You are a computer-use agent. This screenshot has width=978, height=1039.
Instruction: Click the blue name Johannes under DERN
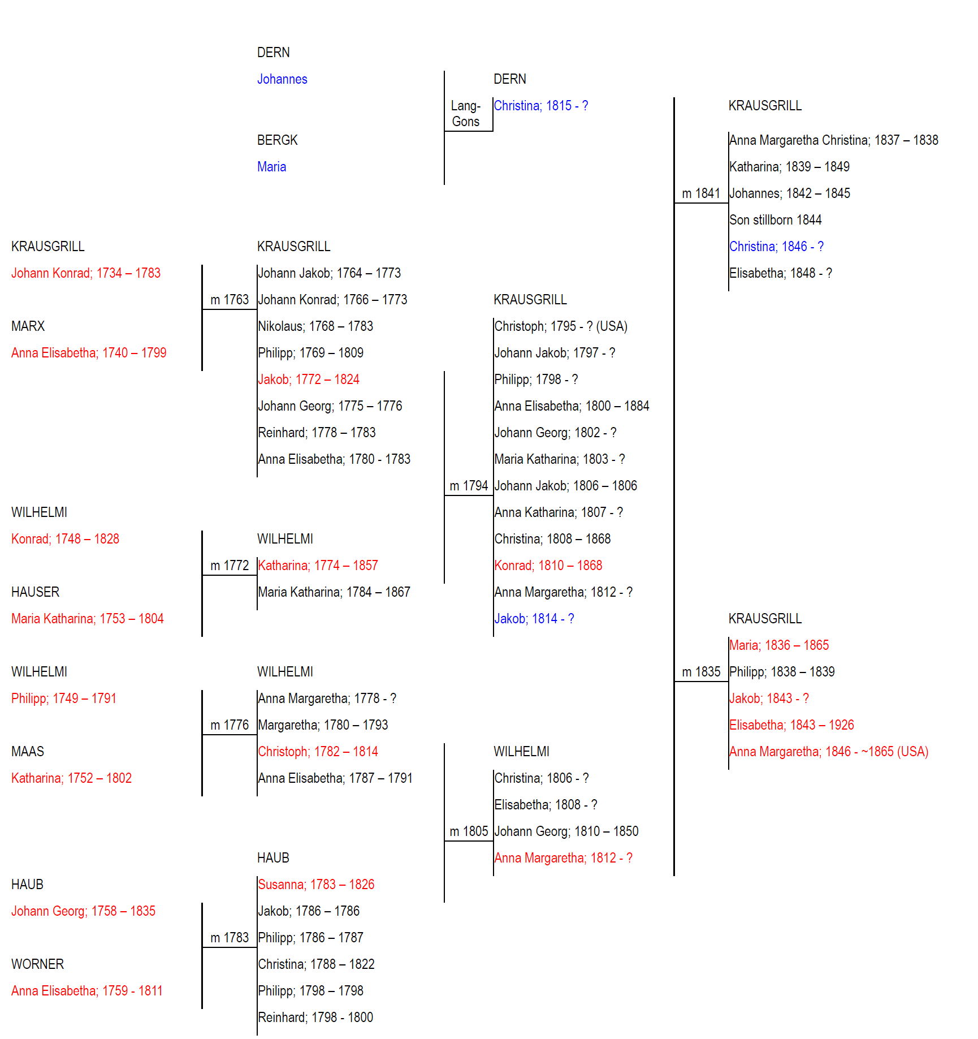tap(282, 79)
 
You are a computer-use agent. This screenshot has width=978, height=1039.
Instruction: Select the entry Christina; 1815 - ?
tap(541, 106)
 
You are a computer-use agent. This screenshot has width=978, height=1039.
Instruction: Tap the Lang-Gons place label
tap(466, 114)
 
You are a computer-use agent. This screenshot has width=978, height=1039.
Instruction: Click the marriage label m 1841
tap(701, 193)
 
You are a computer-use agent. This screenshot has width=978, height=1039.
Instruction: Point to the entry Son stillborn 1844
tap(776, 220)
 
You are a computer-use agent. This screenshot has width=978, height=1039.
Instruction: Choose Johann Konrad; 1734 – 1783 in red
tap(86, 273)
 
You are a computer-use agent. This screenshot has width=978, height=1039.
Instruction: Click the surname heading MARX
tap(28, 326)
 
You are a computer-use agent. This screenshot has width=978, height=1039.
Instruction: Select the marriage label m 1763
tap(230, 300)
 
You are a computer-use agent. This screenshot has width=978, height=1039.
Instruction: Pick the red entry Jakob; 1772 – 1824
tap(309, 380)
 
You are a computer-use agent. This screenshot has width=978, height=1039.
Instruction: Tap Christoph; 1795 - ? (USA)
tap(561, 326)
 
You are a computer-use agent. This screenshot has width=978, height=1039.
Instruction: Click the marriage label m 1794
tap(469, 486)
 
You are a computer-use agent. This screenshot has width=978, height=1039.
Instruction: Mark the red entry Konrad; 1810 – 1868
tap(548, 566)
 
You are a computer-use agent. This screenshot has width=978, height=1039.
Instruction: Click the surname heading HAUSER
tap(35, 592)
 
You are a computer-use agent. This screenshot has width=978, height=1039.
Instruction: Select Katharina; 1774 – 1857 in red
tap(318, 566)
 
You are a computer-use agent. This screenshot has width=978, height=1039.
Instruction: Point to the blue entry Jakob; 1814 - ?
tap(534, 619)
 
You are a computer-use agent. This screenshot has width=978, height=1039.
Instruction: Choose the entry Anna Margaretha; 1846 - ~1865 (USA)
tap(829, 752)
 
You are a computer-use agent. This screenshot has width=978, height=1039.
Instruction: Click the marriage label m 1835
tap(701, 672)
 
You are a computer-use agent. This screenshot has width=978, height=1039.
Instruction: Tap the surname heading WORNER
tap(38, 964)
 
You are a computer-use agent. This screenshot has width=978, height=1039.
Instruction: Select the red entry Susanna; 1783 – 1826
tap(317, 885)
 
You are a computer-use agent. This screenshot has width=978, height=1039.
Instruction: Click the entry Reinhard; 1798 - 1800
tap(315, 1018)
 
